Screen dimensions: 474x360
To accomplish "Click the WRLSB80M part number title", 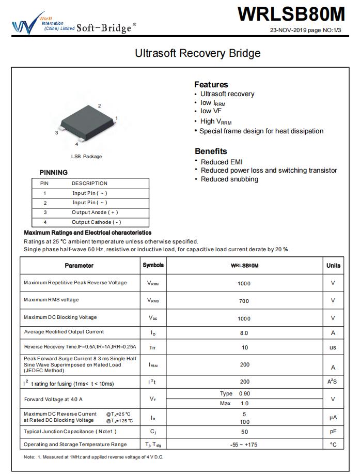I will coord(292,14).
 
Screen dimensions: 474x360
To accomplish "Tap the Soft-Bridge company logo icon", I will coord(25,25).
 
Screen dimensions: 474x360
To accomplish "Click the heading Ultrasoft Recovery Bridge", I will coord(198,53).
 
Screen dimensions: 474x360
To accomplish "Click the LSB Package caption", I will coord(86,157).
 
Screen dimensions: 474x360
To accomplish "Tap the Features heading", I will coord(211,84).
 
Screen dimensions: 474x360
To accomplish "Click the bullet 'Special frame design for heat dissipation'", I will coord(261,131).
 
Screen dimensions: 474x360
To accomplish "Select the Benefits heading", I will coord(211,151).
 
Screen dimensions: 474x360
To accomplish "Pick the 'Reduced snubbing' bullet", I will coord(229,179).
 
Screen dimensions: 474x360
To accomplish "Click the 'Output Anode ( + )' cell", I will coord(95,212).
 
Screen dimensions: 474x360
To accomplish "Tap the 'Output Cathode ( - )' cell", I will coord(96,222).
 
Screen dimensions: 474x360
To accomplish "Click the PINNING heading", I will coord(53,173).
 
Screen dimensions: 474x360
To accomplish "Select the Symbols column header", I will coord(153,265).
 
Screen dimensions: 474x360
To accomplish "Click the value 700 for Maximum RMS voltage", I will coord(244,300).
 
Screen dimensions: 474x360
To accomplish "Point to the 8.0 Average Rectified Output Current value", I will coord(244,333).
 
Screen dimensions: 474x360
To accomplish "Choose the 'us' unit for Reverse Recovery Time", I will coord(333,348).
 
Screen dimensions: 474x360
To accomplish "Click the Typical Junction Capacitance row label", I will coord(70,432).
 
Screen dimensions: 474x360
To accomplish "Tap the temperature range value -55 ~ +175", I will coord(244,445).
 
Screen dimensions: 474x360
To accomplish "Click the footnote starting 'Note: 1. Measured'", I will coord(93,457).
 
